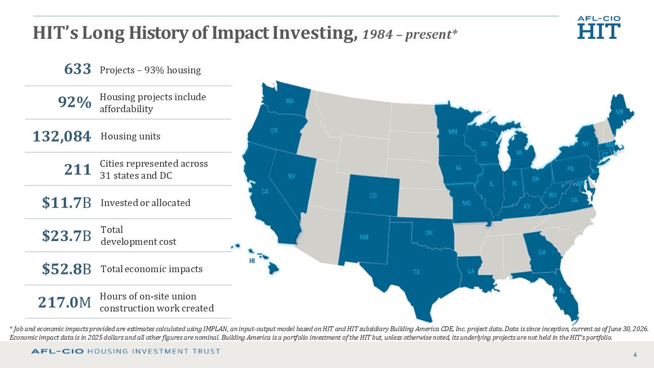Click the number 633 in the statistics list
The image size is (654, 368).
(78, 69)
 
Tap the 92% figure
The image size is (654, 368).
(75, 102)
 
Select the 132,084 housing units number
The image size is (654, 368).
(62, 137)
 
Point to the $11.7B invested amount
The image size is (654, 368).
(67, 203)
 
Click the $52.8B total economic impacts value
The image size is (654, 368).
(67, 269)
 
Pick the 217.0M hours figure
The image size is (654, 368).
(65, 302)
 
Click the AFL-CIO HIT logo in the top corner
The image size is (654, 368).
(599, 27)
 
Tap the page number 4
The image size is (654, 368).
(635, 355)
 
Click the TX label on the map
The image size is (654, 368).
(416, 272)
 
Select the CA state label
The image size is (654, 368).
(265, 192)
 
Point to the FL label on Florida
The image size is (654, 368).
(562, 290)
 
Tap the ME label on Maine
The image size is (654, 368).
(620, 112)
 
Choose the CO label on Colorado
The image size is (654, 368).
(373, 195)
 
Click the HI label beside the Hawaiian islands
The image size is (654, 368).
(252, 261)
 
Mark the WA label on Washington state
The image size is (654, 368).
(289, 102)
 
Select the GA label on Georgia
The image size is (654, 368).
(542, 252)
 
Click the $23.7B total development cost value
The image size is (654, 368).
(67, 236)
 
